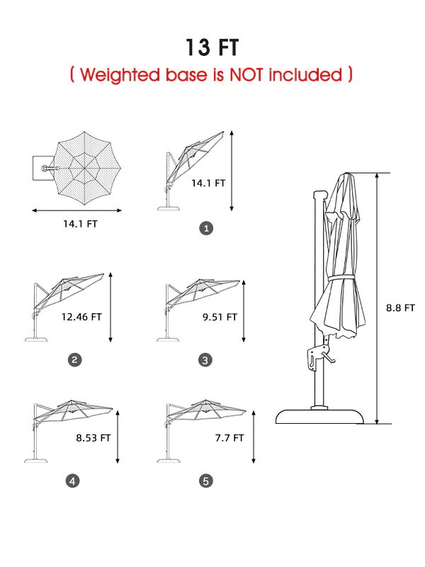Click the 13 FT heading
(212, 47)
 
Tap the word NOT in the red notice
(246, 74)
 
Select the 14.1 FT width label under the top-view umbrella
(80, 224)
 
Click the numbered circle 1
(206, 228)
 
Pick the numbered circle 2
(75, 360)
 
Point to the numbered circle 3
(205, 360)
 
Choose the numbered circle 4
(72, 481)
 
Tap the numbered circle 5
(206, 481)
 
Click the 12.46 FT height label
(81, 317)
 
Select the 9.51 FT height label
(220, 317)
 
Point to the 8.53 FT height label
(93, 438)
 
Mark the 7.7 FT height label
(229, 438)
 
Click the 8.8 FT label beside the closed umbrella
(400, 308)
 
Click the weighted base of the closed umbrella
(320, 416)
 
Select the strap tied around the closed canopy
(341, 278)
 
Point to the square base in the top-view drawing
(43, 168)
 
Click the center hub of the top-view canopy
(84, 168)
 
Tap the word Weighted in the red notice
(120, 75)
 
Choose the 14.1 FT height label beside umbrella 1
(208, 184)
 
